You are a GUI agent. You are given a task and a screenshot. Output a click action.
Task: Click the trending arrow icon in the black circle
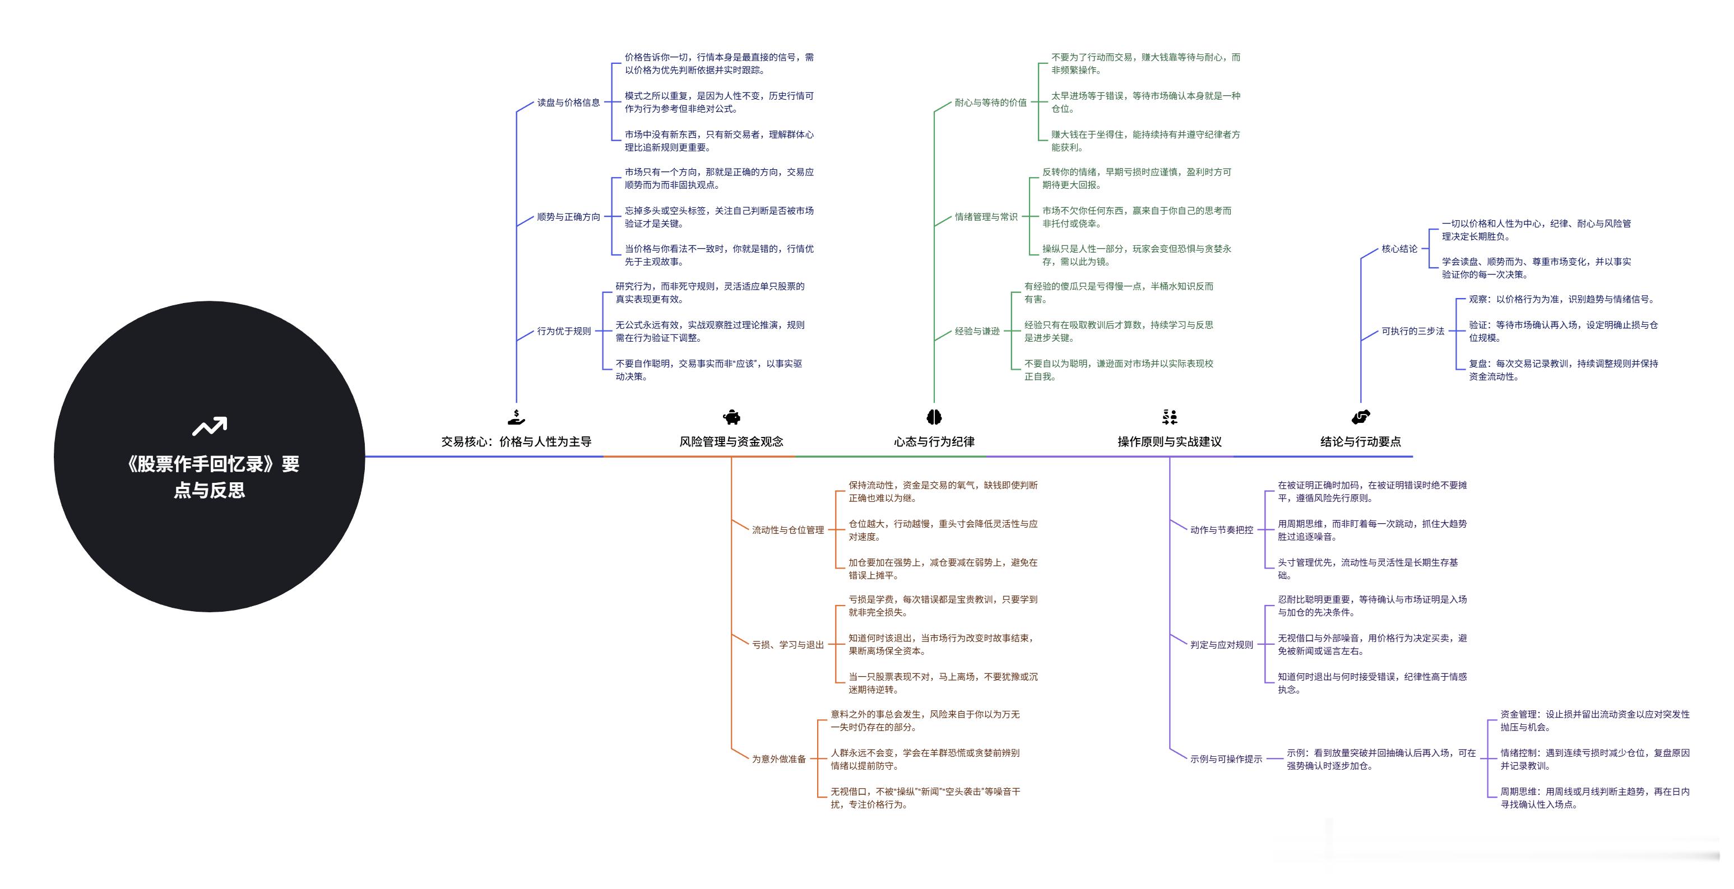pyautogui.click(x=210, y=427)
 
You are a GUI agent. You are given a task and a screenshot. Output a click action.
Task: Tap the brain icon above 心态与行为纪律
pyautogui.click(x=934, y=417)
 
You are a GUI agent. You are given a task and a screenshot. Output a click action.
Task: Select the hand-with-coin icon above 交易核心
pyautogui.click(x=516, y=417)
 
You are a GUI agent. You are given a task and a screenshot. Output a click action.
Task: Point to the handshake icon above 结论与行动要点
pyautogui.click(x=1360, y=417)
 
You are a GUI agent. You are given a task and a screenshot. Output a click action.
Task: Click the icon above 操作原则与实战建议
pyautogui.click(x=1169, y=417)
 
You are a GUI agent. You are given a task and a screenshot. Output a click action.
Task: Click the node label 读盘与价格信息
pyautogui.click(x=568, y=103)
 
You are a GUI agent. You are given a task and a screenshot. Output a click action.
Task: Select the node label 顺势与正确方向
pyautogui.click(x=568, y=217)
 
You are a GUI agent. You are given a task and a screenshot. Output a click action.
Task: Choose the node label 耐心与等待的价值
pyautogui.click(x=990, y=103)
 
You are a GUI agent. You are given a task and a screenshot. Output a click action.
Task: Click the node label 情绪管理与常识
pyautogui.click(x=985, y=217)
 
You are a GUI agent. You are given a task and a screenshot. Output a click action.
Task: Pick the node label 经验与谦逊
pyautogui.click(x=977, y=331)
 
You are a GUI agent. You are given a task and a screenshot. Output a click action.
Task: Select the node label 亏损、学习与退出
pyautogui.click(x=787, y=645)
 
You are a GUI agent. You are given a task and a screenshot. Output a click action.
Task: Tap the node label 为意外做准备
pyautogui.click(x=779, y=759)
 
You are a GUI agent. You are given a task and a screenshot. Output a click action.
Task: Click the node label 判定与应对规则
pyautogui.click(x=1221, y=645)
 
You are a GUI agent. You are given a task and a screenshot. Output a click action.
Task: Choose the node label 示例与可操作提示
pyautogui.click(x=1226, y=759)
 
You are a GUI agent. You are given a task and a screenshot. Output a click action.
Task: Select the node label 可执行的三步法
pyautogui.click(x=1412, y=331)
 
